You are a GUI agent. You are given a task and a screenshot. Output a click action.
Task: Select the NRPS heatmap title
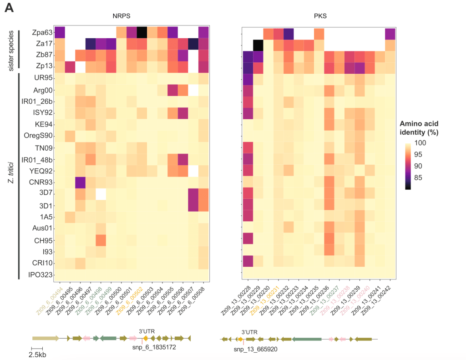click(122, 16)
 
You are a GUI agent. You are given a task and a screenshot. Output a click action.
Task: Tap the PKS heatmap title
click(321, 16)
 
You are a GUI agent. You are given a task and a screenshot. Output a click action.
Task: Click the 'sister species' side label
click(12, 50)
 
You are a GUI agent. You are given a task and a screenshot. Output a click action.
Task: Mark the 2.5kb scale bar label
click(38, 354)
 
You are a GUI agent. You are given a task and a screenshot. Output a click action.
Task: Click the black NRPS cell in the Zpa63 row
click(142, 32)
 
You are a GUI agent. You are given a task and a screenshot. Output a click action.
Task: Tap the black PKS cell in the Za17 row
click(258, 45)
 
